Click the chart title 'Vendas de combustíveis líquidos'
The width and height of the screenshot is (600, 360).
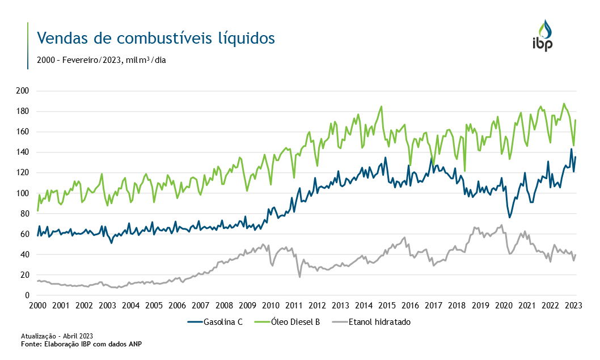click(x=155, y=38)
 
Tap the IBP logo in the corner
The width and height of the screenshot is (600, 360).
click(x=542, y=36)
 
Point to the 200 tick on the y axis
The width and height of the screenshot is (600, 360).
click(x=23, y=91)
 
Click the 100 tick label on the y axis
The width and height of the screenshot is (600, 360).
click(x=23, y=193)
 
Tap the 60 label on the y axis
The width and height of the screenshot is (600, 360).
click(x=26, y=234)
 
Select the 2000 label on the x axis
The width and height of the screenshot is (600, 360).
click(x=37, y=306)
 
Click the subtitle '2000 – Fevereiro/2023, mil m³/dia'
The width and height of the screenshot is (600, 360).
click(x=101, y=60)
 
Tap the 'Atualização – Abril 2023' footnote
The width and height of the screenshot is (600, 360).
click(x=57, y=336)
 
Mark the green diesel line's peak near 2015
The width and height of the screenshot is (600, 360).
click(x=381, y=106)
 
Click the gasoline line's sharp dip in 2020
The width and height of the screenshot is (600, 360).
click(x=510, y=218)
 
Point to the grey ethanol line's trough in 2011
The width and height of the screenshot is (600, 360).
click(x=299, y=277)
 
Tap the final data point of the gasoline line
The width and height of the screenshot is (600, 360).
click(x=576, y=157)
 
